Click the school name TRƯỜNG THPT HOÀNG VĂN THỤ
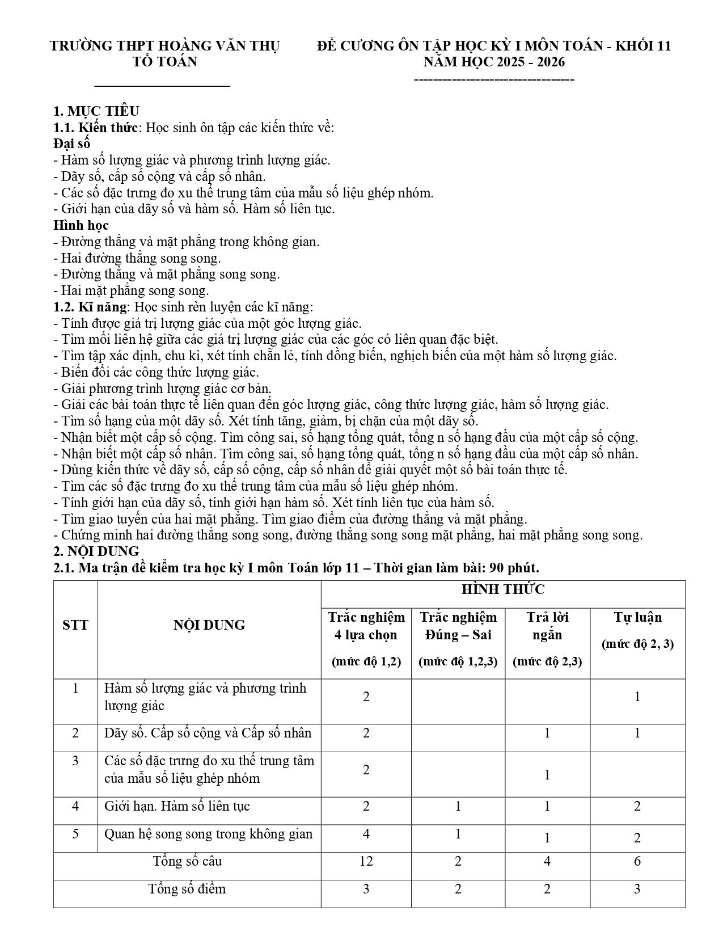165,46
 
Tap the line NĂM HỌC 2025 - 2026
494,62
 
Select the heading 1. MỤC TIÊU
96,111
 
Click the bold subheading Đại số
72,144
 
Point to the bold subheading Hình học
81,225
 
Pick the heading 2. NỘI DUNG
96,551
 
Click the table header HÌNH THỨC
502,590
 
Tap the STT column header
75,625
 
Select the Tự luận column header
637,617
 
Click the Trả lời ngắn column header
547,626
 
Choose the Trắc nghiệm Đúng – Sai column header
458,626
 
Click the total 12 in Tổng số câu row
366,861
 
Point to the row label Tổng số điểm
187,888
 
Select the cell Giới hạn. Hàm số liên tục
177,806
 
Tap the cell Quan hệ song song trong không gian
208,834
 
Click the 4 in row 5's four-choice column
366,834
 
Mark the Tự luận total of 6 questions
637,861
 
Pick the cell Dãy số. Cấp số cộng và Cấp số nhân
208,733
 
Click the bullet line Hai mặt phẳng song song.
131,290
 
